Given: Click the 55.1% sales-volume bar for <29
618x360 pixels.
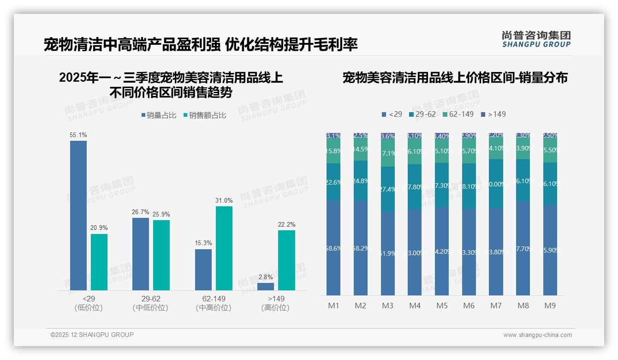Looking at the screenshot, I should [x=78, y=215].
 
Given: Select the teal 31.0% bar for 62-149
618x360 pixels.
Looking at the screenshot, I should [x=224, y=248].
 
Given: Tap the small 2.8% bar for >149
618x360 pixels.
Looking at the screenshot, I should [x=266, y=287].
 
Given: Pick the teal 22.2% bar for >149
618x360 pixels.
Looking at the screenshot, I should [x=286, y=260].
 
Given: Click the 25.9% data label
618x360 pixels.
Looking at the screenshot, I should [x=161, y=215].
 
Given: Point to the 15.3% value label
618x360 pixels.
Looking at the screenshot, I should [x=203, y=244].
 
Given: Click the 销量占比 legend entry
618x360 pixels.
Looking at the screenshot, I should [x=159, y=115].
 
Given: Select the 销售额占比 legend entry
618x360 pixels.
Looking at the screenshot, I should [x=205, y=115].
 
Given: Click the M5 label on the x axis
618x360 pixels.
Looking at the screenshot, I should [x=442, y=306].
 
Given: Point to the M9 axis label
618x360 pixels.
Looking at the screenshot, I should [x=550, y=306].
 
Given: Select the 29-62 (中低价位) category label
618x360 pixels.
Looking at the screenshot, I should [x=150, y=303].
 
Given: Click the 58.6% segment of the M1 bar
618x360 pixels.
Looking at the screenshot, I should [x=333, y=248].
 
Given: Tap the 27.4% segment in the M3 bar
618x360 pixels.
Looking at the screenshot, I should [x=388, y=189].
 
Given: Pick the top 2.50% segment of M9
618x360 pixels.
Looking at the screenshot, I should [x=550, y=135].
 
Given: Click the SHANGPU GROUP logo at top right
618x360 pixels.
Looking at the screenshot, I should [x=536, y=39].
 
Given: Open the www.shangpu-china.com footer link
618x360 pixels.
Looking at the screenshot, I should [x=537, y=335].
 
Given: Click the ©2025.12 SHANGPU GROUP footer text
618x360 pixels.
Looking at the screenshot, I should [x=92, y=335].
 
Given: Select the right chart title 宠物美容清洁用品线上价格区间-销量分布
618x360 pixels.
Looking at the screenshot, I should [x=455, y=78].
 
